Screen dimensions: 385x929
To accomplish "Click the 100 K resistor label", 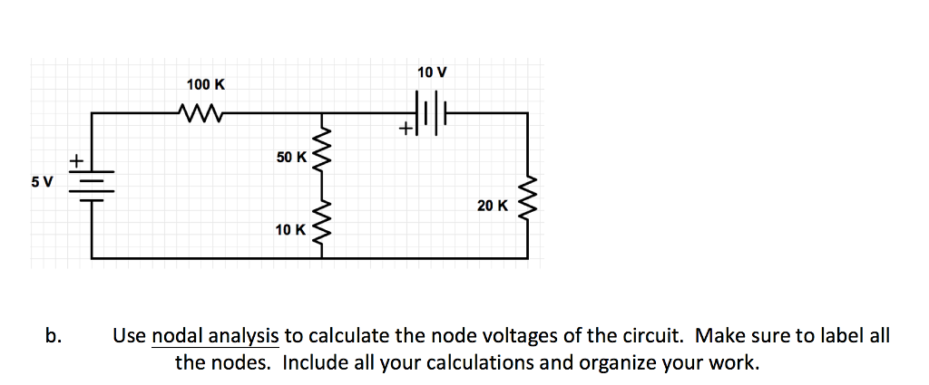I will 206,84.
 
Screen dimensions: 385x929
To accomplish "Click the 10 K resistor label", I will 290,229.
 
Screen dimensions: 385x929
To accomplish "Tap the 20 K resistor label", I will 493,206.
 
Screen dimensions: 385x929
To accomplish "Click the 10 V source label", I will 432,72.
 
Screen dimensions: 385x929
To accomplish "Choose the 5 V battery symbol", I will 92,185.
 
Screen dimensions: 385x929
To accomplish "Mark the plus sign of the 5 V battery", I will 78,161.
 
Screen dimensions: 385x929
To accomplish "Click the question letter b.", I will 54,336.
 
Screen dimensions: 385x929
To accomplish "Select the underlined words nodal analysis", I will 215,336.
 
